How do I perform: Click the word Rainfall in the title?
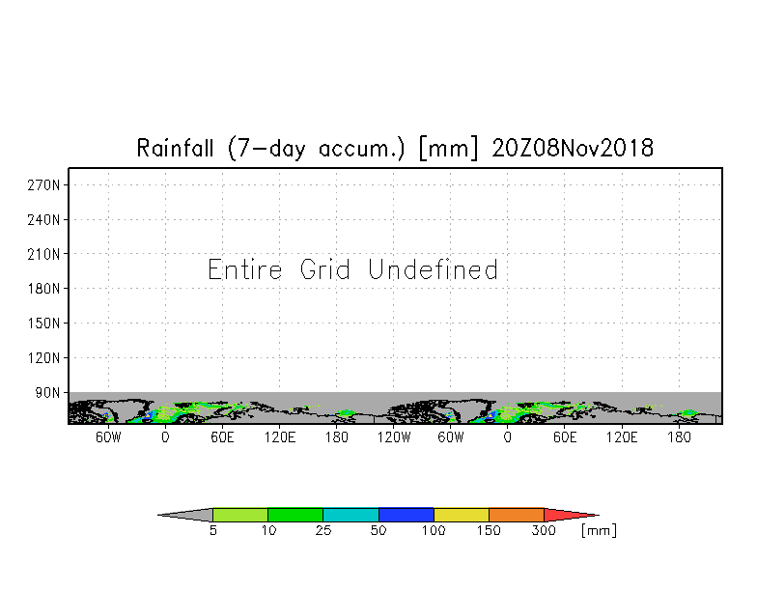pos(175,148)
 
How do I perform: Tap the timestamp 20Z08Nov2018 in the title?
pos(573,148)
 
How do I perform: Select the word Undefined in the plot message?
pos(433,269)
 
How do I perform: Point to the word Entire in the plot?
pos(245,269)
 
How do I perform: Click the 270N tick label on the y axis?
pos(43,185)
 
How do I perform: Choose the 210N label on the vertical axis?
pos(43,254)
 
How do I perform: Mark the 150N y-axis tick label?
pos(43,323)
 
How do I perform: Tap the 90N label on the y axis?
pos(47,392)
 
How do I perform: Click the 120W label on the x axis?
pos(394,437)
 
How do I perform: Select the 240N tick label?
pos(43,220)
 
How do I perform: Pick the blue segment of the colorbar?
pos(406,515)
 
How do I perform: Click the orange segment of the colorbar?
pos(517,515)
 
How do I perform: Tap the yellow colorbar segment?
pos(462,515)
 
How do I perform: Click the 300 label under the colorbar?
pos(544,531)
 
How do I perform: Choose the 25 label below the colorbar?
pos(322,531)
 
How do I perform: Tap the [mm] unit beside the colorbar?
pos(599,531)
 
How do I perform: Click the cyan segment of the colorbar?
pos(350,515)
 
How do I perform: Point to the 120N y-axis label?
pos(43,357)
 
